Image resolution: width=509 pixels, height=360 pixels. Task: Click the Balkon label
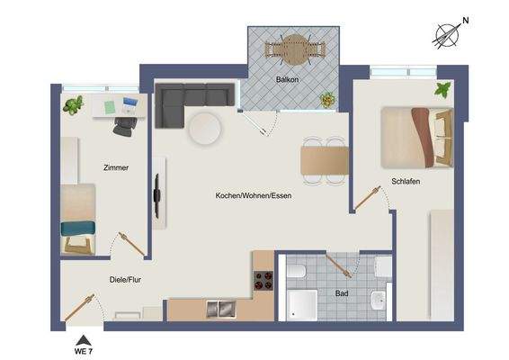click(x=290, y=78)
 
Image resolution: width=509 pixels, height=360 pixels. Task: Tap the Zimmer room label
click(x=116, y=167)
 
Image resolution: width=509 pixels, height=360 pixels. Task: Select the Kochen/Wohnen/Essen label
click(x=253, y=195)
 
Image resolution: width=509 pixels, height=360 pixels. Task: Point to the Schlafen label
click(x=406, y=181)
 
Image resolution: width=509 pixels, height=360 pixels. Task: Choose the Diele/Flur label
click(x=125, y=280)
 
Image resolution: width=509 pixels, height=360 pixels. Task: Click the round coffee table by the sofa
click(x=206, y=128)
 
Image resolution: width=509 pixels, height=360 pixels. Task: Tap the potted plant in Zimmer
click(x=72, y=104)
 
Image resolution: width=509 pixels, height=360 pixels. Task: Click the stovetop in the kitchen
click(x=263, y=280)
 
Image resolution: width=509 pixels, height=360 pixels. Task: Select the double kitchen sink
click(x=219, y=309)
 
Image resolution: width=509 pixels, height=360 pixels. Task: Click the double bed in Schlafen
click(x=416, y=136)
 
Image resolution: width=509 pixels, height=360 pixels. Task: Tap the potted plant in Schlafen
click(x=442, y=90)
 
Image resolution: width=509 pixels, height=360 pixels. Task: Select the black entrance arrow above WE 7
click(x=83, y=338)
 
